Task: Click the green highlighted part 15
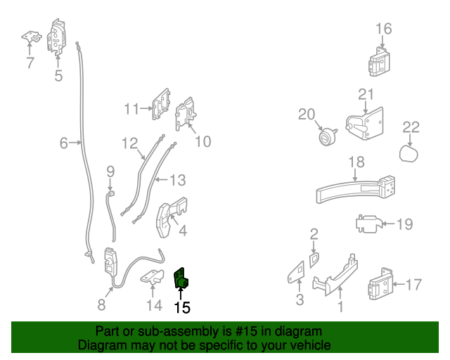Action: (181, 279)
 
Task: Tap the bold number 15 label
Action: (181, 307)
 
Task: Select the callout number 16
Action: (383, 29)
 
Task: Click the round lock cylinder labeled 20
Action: (325, 137)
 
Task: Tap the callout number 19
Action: (404, 225)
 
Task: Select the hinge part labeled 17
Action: (379, 285)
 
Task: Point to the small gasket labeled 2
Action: (314, 258)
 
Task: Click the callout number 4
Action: (182, 230)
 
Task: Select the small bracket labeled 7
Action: (30, 36)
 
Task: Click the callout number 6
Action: (63, 144)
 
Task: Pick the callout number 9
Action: (110, 171)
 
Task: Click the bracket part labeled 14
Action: (153, 278)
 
